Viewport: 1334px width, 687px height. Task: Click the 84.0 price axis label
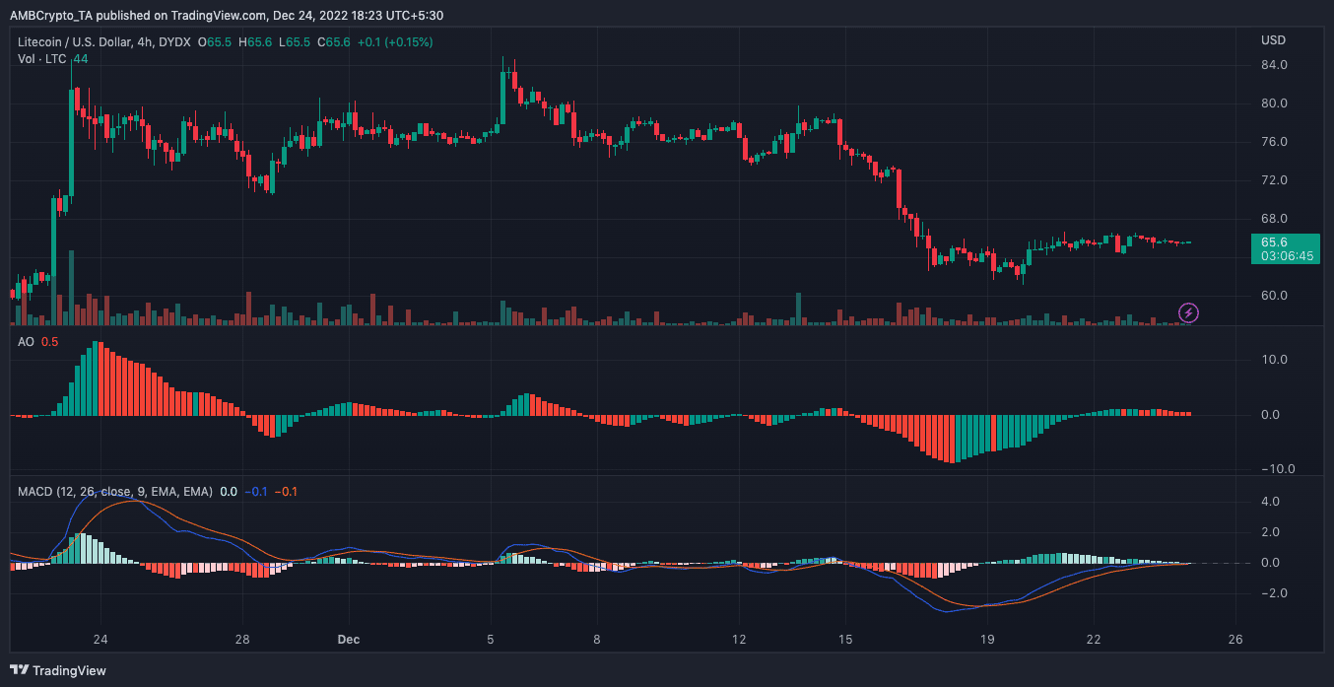click(1274, 64)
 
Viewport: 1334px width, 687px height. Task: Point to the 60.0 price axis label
click(1274, 296)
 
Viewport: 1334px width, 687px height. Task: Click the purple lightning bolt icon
click(1188, 312)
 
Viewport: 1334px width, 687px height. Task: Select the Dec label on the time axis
click(349, 640)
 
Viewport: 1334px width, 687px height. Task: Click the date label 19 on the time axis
click(987, 640)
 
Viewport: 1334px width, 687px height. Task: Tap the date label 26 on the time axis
click(1235, 640)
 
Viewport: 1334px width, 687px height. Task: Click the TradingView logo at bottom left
click(58, 670)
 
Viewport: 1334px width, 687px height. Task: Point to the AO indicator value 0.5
click(49, 342)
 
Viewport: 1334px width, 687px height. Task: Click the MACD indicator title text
click(115, 492)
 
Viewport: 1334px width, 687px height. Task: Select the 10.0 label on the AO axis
click(1274, 360)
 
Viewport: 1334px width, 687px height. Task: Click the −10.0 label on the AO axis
click(1278, 469)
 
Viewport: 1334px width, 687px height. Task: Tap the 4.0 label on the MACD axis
click(1270, 501)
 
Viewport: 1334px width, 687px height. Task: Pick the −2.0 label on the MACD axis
click(1274, 592)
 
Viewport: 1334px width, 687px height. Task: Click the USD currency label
click(1273, 40)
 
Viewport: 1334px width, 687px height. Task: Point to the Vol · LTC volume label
click(41, 59)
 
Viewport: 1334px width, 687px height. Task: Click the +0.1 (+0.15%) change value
click(395, 42)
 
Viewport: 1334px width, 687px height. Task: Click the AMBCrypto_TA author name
click(51, 16)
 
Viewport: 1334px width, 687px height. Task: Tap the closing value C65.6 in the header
click(333, 42)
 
